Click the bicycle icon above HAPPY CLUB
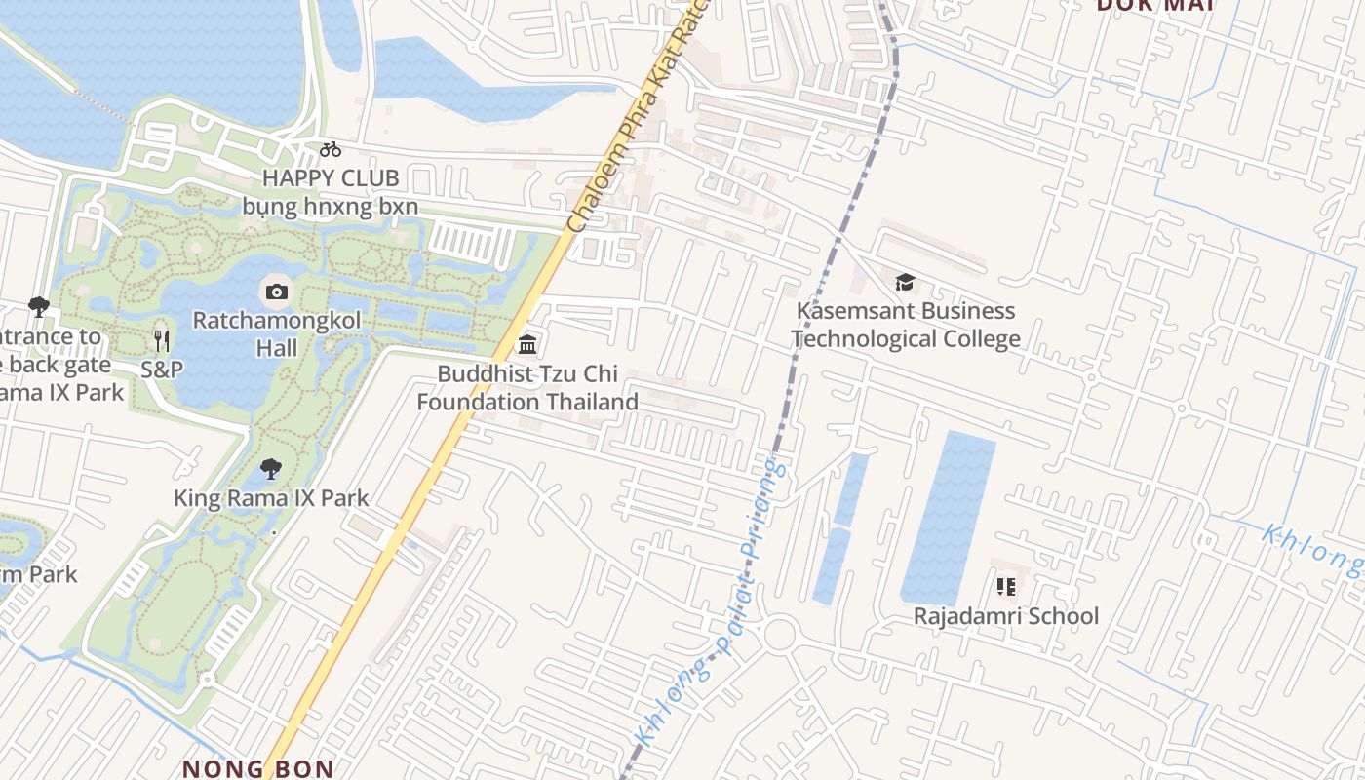coord(331,149)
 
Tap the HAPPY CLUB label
coord(331,178)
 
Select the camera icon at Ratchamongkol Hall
coord(276,291)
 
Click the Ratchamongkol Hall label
coord(277,333)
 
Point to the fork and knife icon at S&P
coord(162,340)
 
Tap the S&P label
coord(162,370)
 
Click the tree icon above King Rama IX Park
coord(271,470)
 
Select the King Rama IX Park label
coord(271,498)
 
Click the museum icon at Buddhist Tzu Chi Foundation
coord(527,344)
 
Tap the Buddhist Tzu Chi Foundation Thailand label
coord(527,387)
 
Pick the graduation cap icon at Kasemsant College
coord(905,283)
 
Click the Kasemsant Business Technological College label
coord(905,325)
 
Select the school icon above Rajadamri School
coord(1006,587)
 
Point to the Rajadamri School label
coord(1006,616)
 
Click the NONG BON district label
coord(258,768)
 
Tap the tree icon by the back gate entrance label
coord(39,307)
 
